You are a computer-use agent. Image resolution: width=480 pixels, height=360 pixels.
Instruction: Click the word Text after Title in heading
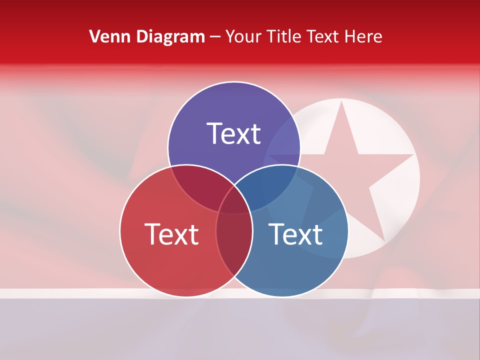point(323,36)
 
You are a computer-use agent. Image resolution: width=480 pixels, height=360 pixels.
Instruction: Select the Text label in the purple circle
point(234,133)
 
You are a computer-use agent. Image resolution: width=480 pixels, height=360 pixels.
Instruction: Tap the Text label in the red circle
point(171,234)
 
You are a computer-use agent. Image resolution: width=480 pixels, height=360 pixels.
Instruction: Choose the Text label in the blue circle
point(295,234)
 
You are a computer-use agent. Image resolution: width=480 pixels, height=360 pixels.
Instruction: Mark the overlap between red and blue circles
point(234,250)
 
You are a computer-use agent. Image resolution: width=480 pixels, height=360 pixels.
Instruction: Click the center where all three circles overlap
point(234,202)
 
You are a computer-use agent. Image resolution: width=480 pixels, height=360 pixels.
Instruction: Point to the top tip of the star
point(341,102)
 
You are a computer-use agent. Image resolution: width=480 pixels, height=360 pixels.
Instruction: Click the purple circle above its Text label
point(234,102)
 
